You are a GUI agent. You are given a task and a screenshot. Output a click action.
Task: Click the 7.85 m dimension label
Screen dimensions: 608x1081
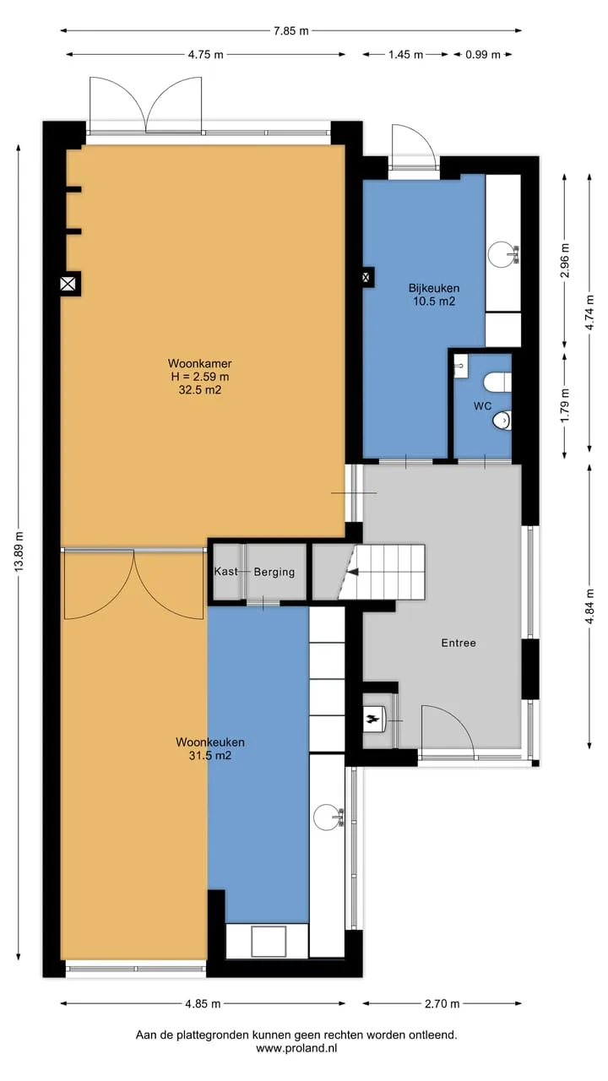(x=291, y=31)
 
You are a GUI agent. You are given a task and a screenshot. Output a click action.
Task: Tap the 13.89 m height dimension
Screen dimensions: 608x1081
(x=19, y=552)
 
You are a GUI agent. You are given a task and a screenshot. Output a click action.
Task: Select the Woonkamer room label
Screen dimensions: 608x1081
(x=200, y=363)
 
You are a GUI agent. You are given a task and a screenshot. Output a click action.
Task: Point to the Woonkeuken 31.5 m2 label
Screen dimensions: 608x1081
(x=210, y=748)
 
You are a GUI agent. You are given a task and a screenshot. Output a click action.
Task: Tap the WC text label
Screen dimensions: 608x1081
(x=482, y=406)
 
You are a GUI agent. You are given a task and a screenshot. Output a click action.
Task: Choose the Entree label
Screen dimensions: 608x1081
(x=459, y=643)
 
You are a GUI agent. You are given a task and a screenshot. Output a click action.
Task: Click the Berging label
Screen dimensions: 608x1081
(x=274, y=572)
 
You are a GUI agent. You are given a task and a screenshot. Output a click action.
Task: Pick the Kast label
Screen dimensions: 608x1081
(x=225, y=572)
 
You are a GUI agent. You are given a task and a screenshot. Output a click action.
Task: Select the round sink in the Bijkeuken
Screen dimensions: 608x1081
(x=502, y=253)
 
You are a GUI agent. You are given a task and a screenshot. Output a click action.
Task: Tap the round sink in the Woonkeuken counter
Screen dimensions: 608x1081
(x=328, y=817)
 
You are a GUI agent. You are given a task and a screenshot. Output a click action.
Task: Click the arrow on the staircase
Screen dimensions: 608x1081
(x=353, y=572)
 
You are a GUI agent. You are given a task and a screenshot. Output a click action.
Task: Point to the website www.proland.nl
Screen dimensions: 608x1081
(x=296, y=1048)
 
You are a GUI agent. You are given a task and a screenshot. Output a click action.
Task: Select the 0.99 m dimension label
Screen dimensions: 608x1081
(x=482, y=55)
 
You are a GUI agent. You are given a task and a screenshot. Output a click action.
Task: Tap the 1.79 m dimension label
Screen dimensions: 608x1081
(x=565, y=405)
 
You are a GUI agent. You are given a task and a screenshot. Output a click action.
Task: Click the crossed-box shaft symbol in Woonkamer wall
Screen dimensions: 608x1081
(x=68, y=284)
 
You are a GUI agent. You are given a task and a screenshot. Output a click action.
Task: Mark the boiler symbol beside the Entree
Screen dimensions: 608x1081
(x=375, y=720)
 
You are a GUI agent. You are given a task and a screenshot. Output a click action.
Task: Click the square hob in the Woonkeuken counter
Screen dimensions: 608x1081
(x=269, y=941)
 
